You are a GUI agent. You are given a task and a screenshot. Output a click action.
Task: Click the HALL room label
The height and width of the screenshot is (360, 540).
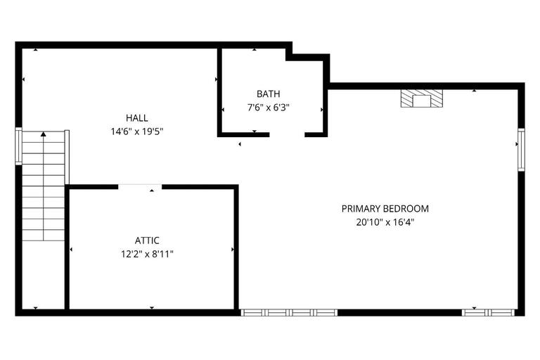[x=137, y=117]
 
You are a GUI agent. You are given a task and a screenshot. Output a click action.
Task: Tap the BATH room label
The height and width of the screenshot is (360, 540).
[x=268, y=94]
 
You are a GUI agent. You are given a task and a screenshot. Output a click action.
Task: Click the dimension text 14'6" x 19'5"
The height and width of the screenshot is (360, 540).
[x=137, y=131]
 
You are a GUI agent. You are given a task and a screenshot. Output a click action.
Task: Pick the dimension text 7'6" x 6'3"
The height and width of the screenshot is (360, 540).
[x=268, y=108]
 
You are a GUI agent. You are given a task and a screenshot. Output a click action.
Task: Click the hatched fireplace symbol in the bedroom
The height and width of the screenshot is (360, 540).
[x=422, y=99]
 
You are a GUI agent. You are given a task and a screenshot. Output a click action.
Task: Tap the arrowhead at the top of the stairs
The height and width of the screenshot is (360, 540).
[x=44, y=134]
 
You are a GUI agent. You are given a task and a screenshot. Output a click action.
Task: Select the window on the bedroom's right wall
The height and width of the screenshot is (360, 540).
[x=521, y=149]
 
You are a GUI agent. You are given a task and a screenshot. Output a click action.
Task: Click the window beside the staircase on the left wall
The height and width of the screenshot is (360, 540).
[x=19, y=146]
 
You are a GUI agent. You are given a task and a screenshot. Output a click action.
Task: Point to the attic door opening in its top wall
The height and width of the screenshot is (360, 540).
[x=139, y=186]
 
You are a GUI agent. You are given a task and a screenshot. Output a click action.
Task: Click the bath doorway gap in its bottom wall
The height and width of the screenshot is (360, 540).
[x=287, y=134]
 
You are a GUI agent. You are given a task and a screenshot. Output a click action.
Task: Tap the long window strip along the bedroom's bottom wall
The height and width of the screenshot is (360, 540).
[x=288, y=311]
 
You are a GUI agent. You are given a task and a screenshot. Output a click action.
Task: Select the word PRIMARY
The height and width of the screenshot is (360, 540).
[x=361, y=208]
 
